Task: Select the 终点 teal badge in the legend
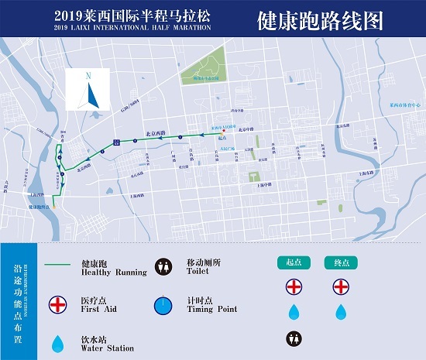click(341, 262)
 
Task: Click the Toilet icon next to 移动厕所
click(163, 266)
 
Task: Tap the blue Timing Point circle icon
click(163, 306)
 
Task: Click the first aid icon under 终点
click(341, 286)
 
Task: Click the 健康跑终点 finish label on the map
click(40, 207)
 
